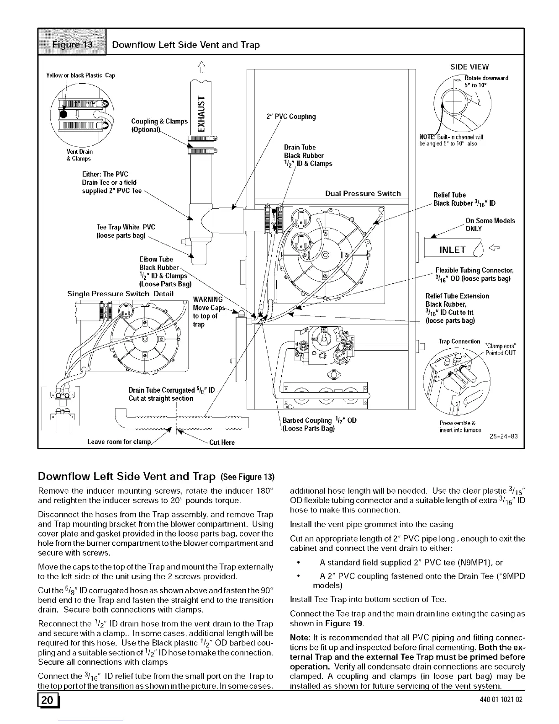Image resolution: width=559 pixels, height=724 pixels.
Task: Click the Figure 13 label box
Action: pyautogui.click(x=72, y=45)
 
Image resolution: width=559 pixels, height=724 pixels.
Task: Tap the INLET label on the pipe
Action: pyautogui.click(x=452, y=250)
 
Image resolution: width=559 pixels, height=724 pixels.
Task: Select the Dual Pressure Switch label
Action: pyautogui.click(x=363, y=193)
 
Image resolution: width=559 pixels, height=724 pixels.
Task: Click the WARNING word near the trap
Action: pyautogui.click(x=207, y=299)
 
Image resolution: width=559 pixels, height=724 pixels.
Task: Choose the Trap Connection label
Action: pyautogui.click(x=459, y=341)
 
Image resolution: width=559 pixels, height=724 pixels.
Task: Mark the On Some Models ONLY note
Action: pyautogui.click(x=490, y=224)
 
